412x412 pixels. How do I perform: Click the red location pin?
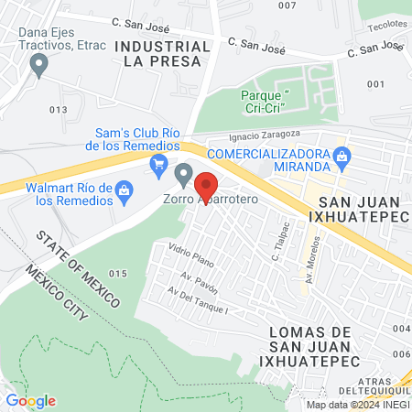tap(206, 187)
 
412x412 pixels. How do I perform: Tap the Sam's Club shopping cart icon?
tap(159, 165)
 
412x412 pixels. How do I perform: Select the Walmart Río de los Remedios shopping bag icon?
tap(126, 189)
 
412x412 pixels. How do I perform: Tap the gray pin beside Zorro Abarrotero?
tap(184, 172)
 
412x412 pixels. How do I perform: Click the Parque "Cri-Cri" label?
tap(264, 101)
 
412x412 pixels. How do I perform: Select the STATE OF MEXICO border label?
tap(79, 266)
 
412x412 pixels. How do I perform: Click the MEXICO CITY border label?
tap(57, 292)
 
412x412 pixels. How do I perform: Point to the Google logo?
tap(31, 400)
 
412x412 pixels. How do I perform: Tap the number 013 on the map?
tap(60, 109)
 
